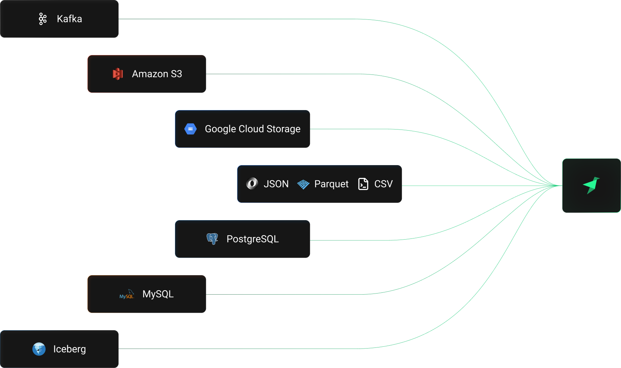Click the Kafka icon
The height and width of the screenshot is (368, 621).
point(43,19)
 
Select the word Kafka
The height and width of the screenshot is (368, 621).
point(69,19)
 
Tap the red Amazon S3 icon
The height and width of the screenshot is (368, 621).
point(117,74)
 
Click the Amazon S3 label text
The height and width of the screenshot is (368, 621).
point(157,74)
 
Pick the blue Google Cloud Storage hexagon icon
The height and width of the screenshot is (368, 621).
point(190,129)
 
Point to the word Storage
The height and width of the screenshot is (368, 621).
point(283,129)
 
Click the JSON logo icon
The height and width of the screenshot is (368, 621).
point(252,183)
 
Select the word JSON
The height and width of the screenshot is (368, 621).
point(276,184)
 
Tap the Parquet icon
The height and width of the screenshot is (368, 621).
point(303,184)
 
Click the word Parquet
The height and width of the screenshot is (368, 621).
point(331,184)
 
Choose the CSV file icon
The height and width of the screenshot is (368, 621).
point(363,184)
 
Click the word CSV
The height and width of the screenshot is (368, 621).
point(383,184)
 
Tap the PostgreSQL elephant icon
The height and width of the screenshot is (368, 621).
point(212,239)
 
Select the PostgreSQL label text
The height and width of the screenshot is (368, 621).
point(252,239)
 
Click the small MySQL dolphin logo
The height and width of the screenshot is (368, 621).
point(127,294)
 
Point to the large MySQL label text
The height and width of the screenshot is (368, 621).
point(158,294)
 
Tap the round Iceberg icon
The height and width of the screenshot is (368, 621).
point(39,349)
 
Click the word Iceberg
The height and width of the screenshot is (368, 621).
point(69,349)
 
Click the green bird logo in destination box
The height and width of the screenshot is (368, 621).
point(591,185)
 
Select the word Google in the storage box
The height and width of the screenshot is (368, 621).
point(220,129)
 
